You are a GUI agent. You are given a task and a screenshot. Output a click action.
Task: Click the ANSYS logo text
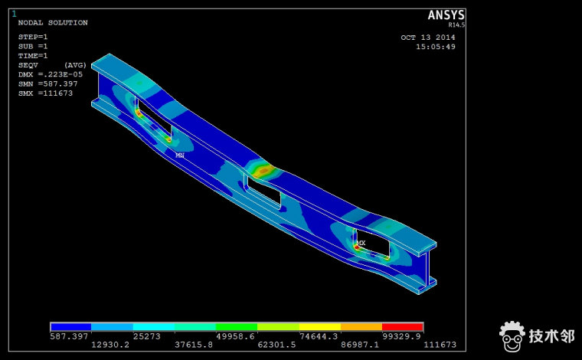click(446, 15)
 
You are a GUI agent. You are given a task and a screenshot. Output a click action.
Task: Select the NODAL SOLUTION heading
click(53, 23)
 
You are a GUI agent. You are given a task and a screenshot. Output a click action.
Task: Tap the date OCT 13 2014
click(428, 38)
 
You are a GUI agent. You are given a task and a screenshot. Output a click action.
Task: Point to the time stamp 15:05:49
click(436, 47)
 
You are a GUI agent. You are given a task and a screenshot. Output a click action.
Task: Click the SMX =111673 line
click(45, 93)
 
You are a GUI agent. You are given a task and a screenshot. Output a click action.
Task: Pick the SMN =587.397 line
click(48, 84)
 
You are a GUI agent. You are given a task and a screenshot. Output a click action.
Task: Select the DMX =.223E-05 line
click(51, 74)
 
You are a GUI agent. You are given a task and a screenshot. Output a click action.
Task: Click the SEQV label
click(28, 65)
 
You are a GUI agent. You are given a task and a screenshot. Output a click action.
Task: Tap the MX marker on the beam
click(361, 243)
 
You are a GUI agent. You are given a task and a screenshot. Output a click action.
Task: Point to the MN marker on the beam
click(180, 155)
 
